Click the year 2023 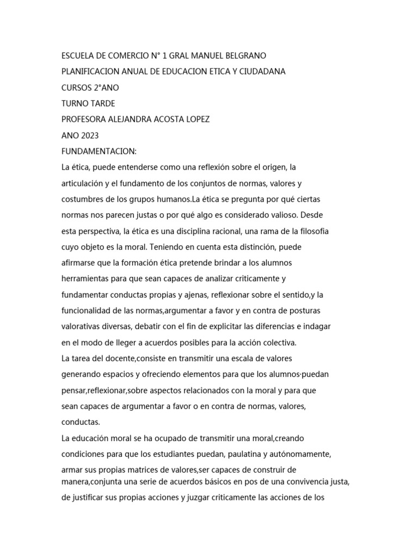coord(88,135)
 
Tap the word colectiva coord(278,343)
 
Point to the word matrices coord(147,469)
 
